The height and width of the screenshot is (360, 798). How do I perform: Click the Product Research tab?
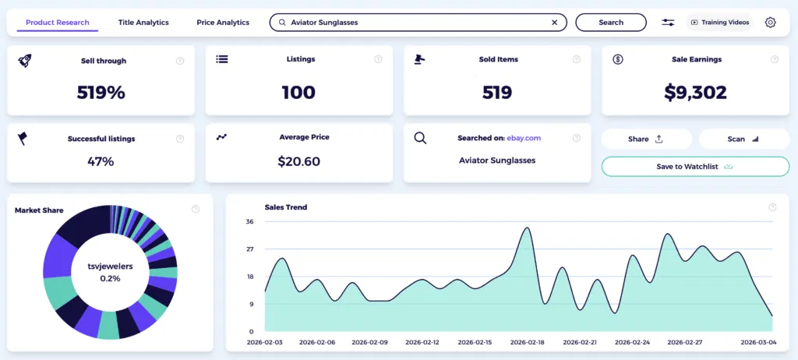[x=57, y=23]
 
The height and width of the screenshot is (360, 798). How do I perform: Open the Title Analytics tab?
[x=143, y=23]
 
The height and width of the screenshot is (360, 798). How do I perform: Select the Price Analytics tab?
[x=223, y=23]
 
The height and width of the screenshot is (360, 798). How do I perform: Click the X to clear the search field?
[x=554, y=23]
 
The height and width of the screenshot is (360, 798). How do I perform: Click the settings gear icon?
[x=770, y=23]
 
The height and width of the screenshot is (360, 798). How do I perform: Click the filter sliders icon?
[x=668, y=23]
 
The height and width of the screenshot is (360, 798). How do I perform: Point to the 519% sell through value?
[x=101, y=93]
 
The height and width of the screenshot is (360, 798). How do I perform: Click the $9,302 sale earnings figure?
[x=695, y=93]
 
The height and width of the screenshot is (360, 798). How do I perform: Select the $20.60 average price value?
[x=298, y=161]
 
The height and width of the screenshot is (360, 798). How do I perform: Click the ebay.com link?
[x=524, y=138]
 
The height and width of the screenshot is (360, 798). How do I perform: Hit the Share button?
[x=646, y=139]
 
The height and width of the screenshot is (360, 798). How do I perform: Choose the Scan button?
[x=743, y=139]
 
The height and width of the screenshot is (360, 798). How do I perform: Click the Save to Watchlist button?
[x=695, y=166]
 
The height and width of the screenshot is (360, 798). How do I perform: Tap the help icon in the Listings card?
[x=378, y=59]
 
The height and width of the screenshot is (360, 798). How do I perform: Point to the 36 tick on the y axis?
[x=250, y=222]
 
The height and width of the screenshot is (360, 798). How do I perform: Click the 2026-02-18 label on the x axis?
[x=528, y=342]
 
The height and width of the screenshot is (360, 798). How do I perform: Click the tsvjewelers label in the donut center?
[x=110, y=266]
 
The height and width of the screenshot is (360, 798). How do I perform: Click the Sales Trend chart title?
[x=285, y=207]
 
